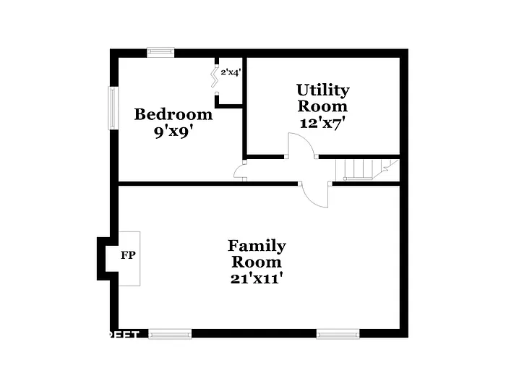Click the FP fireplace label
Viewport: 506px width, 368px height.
(127, 255)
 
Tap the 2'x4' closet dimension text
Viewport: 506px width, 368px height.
(231, 72)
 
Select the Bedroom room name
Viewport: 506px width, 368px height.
(173, 114)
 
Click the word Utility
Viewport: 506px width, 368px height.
(322, 90)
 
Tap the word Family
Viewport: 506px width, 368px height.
(257, 246)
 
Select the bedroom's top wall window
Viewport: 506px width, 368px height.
(160, 51)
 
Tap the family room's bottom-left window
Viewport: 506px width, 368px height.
(171, 333)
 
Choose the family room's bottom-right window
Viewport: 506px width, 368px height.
(338, 333)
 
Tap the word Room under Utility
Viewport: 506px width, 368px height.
(322, 106)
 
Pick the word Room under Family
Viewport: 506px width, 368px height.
(257, 262)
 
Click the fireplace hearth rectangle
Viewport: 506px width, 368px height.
(130, 258)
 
